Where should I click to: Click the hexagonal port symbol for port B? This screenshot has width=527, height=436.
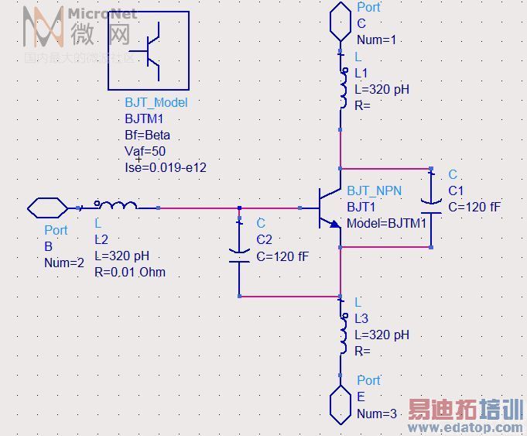coord(48,208)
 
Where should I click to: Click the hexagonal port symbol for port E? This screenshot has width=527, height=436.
coord(341,405)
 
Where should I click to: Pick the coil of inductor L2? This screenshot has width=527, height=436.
coord(116,206)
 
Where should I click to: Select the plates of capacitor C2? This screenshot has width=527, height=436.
coord(240,256)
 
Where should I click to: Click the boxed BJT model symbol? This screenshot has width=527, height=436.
coord(149,52)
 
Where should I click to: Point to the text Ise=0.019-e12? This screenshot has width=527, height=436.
coord(166,167)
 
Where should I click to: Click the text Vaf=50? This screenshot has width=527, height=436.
coord(145,151)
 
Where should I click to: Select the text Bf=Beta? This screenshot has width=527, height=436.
coord(147,135)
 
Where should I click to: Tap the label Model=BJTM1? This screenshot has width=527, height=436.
coord(387,223)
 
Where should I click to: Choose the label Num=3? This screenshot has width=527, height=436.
coord(377,414)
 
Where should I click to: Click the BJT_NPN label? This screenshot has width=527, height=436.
coord(375,191)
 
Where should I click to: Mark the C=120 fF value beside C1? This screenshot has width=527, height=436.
coord(474,207)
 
